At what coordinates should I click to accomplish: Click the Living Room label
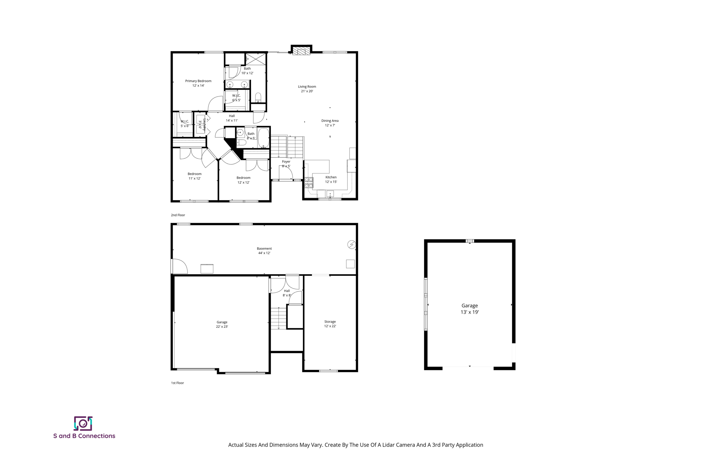point(307,89)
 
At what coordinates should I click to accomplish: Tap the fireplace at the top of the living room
point(301,51)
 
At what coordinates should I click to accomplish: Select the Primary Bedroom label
point(198,83)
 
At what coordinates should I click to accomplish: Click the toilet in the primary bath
point(258,97)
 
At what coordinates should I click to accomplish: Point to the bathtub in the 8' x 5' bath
point(263,138)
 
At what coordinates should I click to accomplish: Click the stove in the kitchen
point(309,183)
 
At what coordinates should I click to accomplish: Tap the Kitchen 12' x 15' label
point(331,180)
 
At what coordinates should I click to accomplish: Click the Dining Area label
point(330,123)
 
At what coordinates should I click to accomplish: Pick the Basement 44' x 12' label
point(264,251)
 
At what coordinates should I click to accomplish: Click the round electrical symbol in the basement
point(351,244)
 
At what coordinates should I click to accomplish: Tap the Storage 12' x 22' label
point(330,324)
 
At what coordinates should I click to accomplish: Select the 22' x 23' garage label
point(222,324)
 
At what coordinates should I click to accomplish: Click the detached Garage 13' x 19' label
point(469,309)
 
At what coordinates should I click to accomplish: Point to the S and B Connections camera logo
point(83,423)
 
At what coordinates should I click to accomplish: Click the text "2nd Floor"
point(178,215)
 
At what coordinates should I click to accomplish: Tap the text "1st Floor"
point(177,383)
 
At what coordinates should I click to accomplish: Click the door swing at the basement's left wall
point(179,266)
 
